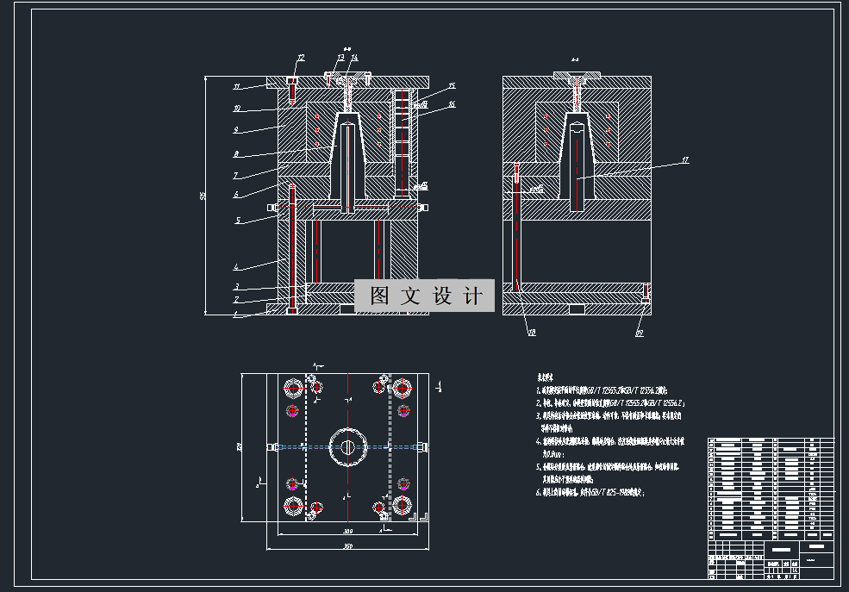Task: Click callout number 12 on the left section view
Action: pos(300,58)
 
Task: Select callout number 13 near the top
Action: pos(340,58)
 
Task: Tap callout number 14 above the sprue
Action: pos(353,58)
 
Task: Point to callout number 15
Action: pos(452,86)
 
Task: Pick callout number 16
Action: pos(452,105)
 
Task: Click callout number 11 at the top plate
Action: pos(236,87)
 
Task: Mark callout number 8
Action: pos(236,155)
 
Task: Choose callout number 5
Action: pos(238,221)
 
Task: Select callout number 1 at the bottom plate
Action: pos(234,315)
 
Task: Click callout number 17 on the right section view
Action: pos(686,159)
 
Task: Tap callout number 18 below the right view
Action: pos(531,332)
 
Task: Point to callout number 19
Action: pos(639,332)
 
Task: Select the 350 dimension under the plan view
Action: pos(347,546)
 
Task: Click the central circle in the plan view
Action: pos(346,446)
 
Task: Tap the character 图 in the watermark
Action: pos(379,296)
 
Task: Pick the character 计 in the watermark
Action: pos(472,296)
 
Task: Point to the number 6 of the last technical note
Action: pos(538,493)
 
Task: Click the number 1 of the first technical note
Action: pos(538,389)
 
